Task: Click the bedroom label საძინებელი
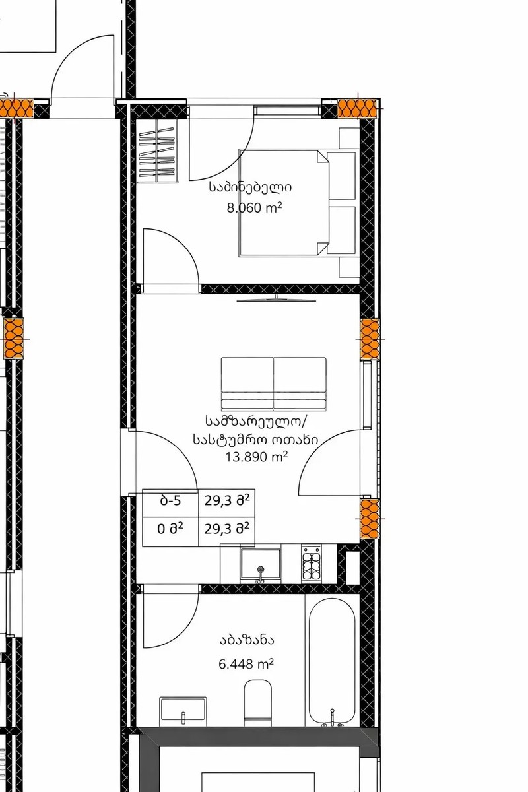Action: (249, 187)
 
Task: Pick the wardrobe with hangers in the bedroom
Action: (158, 152)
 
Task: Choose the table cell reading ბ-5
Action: (171, 500)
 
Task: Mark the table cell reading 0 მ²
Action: (171, 527)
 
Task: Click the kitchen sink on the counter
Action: (261, 564)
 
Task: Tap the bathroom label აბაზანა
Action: (247, 640)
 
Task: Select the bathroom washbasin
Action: (183, 710)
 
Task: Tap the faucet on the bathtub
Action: (332, 714)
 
